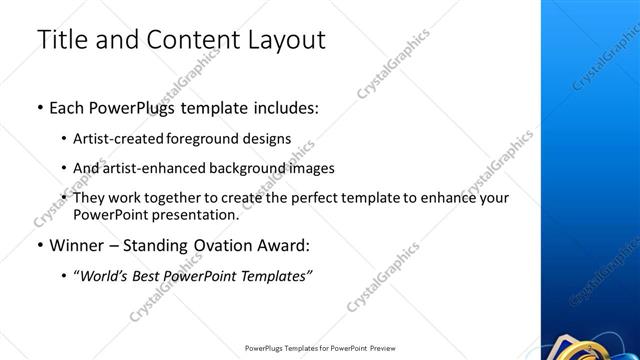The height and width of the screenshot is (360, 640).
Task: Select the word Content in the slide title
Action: point(184,41)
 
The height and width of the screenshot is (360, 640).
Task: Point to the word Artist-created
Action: point(118,139)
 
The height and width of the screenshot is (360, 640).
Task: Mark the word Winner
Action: point(76,245)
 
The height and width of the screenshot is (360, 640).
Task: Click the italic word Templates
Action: point(277,276)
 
